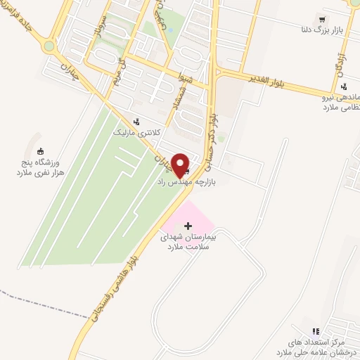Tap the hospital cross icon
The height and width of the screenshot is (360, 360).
[x=187, y=225]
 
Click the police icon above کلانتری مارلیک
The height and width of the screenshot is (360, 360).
[x=136, y=120]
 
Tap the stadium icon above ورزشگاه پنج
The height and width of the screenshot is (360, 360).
[x=41, y=150]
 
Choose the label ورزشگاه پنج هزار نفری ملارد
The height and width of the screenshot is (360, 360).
[x=41, y=166]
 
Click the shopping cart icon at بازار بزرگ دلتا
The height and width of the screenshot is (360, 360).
[x=322, y=20]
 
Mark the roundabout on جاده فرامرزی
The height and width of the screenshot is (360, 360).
[x=49, y=47]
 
